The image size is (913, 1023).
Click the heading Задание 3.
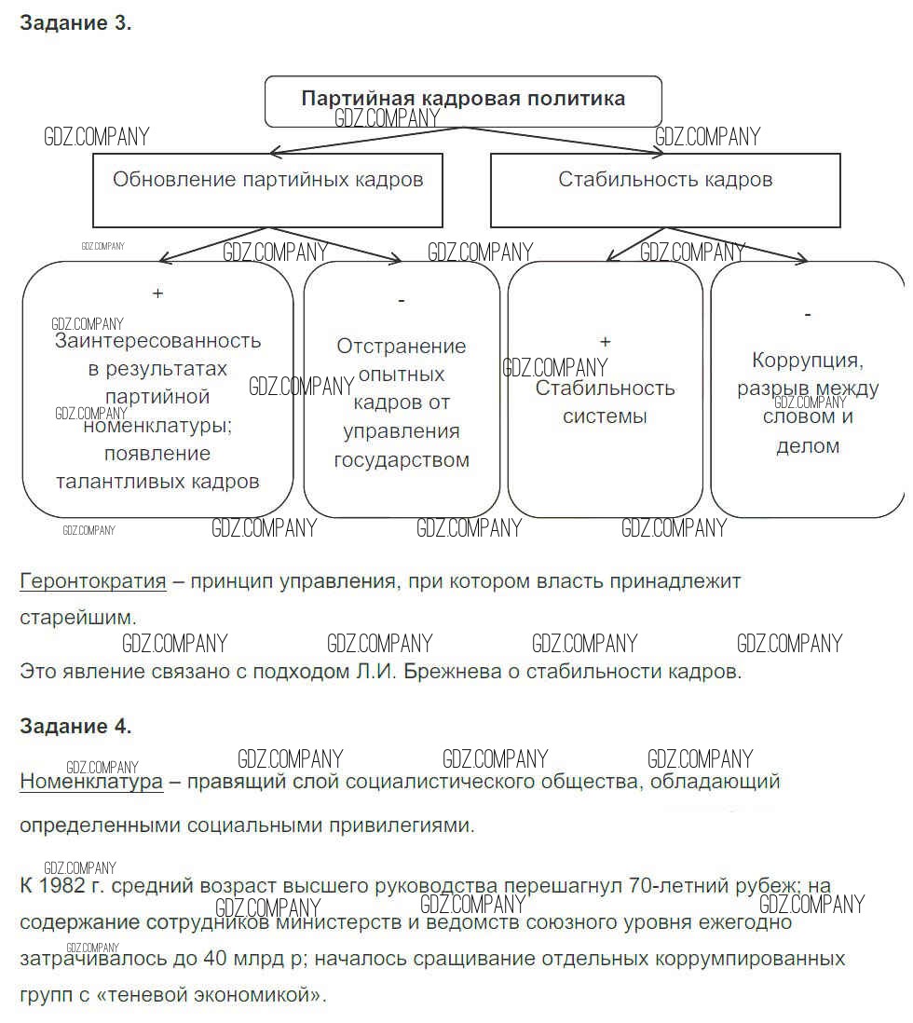[75, 24]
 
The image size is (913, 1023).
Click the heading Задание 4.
[75, 726]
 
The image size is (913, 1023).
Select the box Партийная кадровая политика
[463, 100]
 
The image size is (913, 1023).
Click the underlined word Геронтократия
[93, 581]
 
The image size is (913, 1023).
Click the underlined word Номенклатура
[91, 782]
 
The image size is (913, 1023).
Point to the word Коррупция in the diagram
[808, 361]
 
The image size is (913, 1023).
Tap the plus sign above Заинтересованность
[157, 293]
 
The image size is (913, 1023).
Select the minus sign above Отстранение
[401, 300]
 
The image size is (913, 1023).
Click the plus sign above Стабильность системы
[605, 342]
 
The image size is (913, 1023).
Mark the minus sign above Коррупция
[807, 314]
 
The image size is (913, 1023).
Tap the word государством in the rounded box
[402, 460]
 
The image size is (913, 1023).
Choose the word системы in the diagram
[605, 416]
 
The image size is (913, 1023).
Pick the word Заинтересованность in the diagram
[157, 341]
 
